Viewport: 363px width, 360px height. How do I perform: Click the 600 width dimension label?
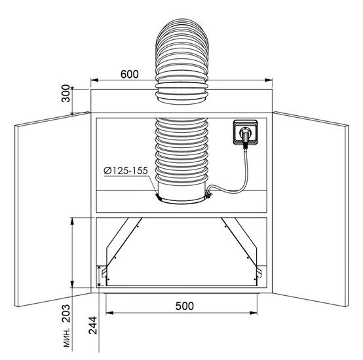click(x=130, y=74)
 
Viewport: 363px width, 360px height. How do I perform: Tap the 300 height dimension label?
click(x=66, y=94)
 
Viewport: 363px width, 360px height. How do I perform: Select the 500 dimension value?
click(x=185, y=306)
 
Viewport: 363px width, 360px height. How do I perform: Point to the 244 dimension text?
click(x=93, y=325)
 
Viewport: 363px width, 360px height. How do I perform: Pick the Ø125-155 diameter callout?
click(x=126, y=171)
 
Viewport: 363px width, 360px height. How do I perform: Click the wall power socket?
click(x=246, y=132)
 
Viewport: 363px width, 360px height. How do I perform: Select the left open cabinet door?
click(x=52, y=209)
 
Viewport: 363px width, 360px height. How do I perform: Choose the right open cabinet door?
click(x=311, y=209)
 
